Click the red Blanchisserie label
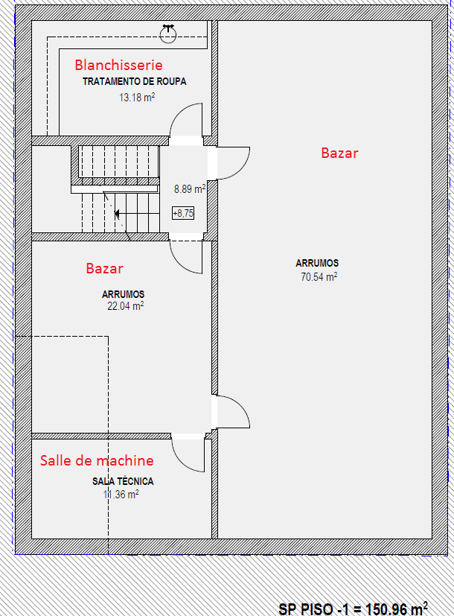[118, 65]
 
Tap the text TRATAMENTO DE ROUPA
[134, 81]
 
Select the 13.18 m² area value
[137, 97]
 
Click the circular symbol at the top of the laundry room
[168, 34]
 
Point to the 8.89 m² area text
[190, 189]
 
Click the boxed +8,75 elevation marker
[183, 213]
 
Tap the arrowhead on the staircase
[117, 214]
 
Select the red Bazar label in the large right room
[339, 153]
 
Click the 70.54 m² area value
[319, 277]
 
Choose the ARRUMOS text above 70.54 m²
[317, 263]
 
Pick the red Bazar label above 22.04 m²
[104, 268]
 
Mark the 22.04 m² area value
[126, 305]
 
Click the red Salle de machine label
[97, 460]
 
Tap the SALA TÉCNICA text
[123, 481]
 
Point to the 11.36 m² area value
[121, 494]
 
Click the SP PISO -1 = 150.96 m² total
[353, 608]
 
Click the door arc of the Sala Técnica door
[181, 462]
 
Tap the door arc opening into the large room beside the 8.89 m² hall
[240, 170]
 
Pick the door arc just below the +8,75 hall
[179, 264]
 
